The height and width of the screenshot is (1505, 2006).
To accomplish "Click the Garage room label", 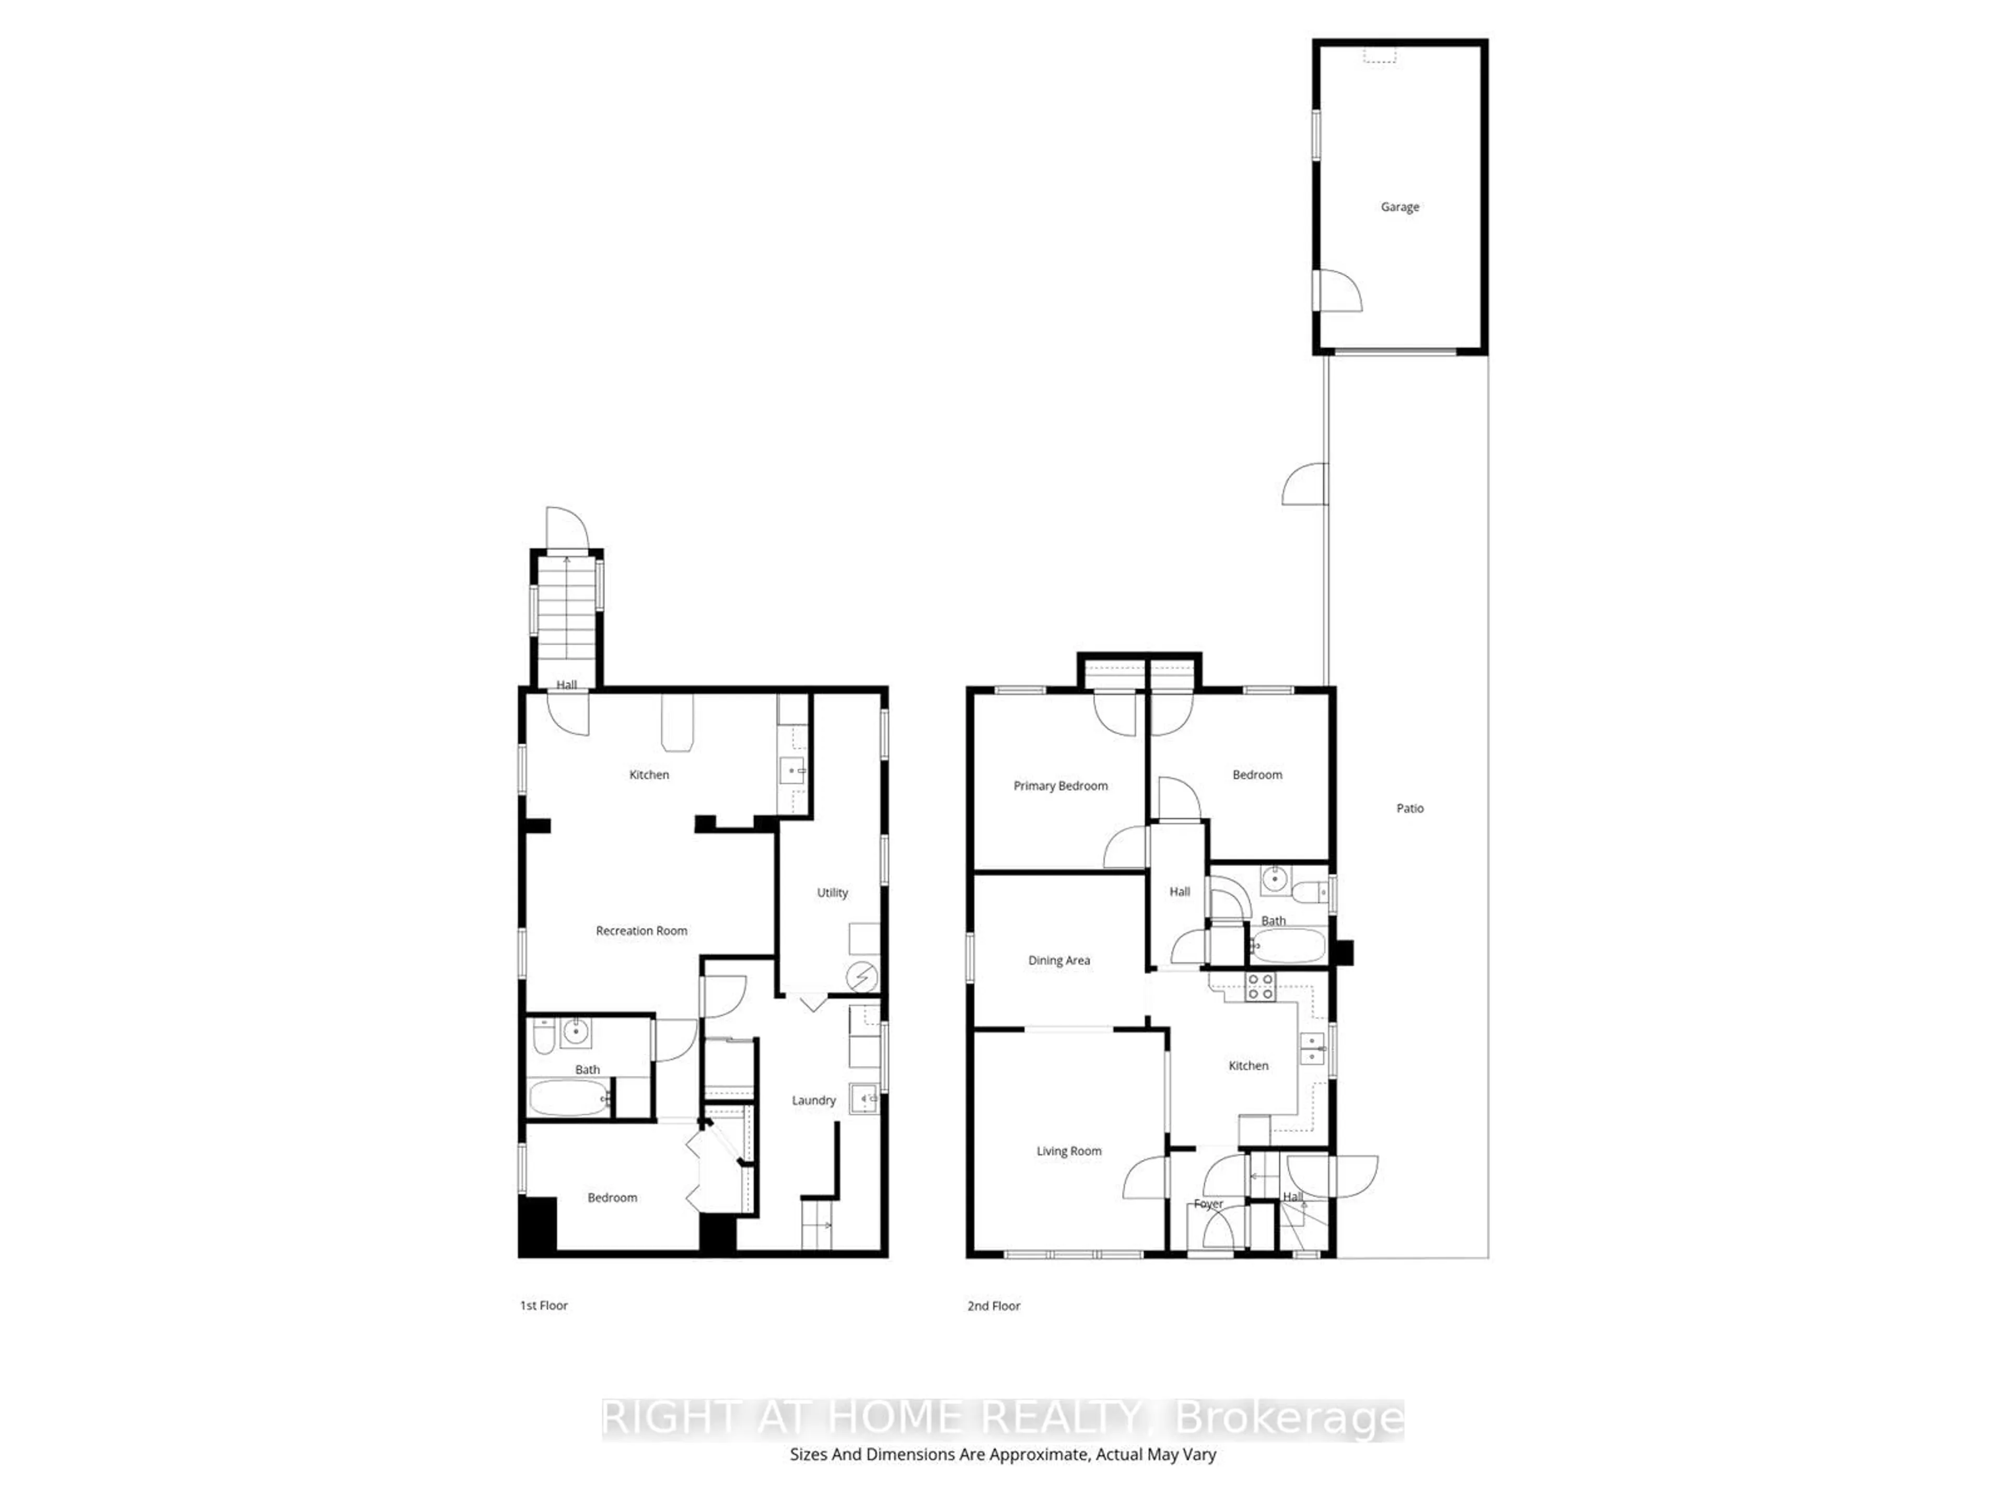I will pyautogui.click(x=1399, y=207).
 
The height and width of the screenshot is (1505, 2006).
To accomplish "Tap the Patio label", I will pyautogui.click(x=1409, y=808).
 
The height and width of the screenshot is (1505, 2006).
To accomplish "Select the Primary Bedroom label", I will pyautogui.click(x=1060, y=785).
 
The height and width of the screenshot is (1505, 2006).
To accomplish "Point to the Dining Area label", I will pyautogui.click(x=1058, y=960).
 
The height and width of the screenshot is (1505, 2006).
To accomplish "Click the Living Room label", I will pyautogui.click(x=1068, y=1151).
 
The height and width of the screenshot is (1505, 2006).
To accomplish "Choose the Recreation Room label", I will pyautogui.click(x=641, y=931).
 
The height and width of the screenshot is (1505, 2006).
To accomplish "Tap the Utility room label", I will pyautogui.click(x=832, y=893).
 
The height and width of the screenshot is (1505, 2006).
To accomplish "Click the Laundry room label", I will pyautogui.click(x=813, y=1101).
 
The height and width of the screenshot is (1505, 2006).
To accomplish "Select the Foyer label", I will pyautogui.click(x=1208, y=1204).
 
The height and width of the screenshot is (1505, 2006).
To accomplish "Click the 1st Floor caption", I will pyautogui.click(x=543, y=1305).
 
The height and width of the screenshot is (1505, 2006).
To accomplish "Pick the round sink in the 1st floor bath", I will pyautogui.click(x=575, y=1032).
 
